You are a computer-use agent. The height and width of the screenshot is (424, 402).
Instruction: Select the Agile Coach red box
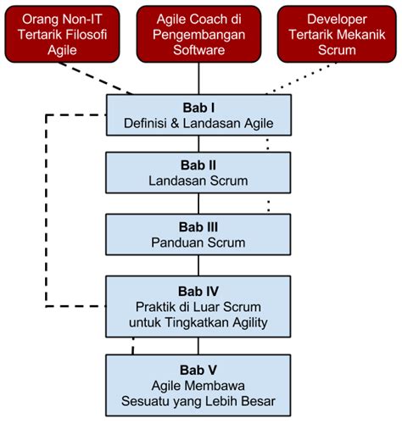[198, 34]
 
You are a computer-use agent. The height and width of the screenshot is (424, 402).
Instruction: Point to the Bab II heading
[198, 165]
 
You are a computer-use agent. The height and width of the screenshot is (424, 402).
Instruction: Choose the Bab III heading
[198, 226]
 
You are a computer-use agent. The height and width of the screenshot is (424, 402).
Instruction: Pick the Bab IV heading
[198, 290]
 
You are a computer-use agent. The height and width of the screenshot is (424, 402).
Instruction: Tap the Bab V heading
[198, 369]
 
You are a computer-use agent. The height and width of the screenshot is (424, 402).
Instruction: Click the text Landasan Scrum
[198, 180]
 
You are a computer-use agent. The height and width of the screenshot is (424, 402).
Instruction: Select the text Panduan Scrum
[198, 242]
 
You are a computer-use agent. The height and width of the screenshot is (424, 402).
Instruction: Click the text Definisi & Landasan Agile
[198, 125]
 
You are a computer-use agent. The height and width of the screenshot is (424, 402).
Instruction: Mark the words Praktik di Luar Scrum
[198, 306]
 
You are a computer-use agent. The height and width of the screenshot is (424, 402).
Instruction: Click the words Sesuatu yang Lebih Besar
[198, 400]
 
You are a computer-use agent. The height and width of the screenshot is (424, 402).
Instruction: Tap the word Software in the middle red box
[198, 49]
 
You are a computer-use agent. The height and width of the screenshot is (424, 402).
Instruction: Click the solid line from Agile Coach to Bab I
[198, 76]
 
